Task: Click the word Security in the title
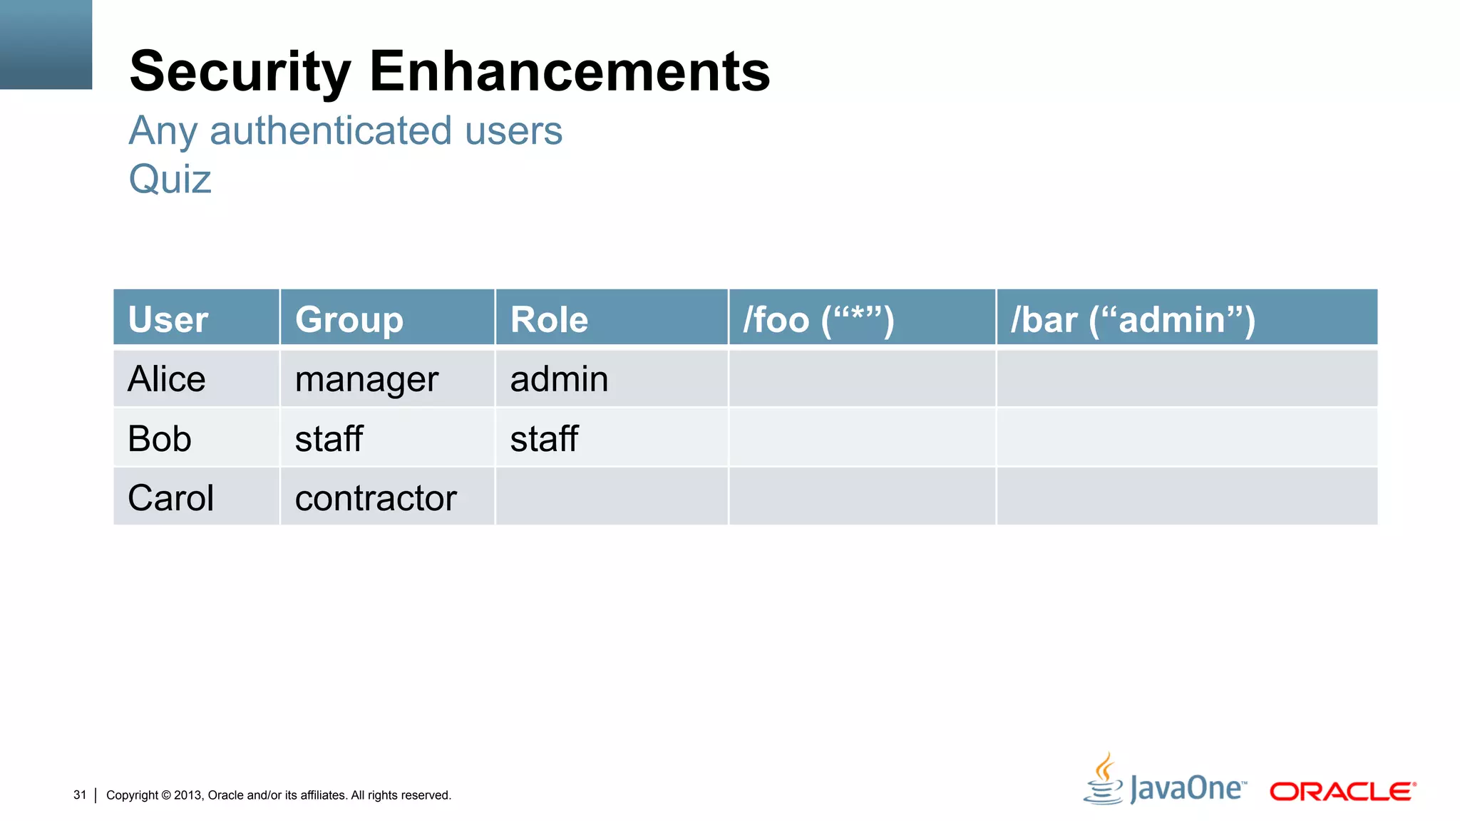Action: pyautogui.click(x=240, y=71)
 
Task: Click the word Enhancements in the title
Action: pyautogui.click(x=570, y=71)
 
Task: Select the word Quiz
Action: pyautogui.click(x=170, y=179)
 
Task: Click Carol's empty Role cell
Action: pyautogui.click(x=611, y=497)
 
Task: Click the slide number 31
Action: pyautogui.click(x=80, y=795)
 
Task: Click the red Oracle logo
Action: pyautogui.click(x=1342, y=791)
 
